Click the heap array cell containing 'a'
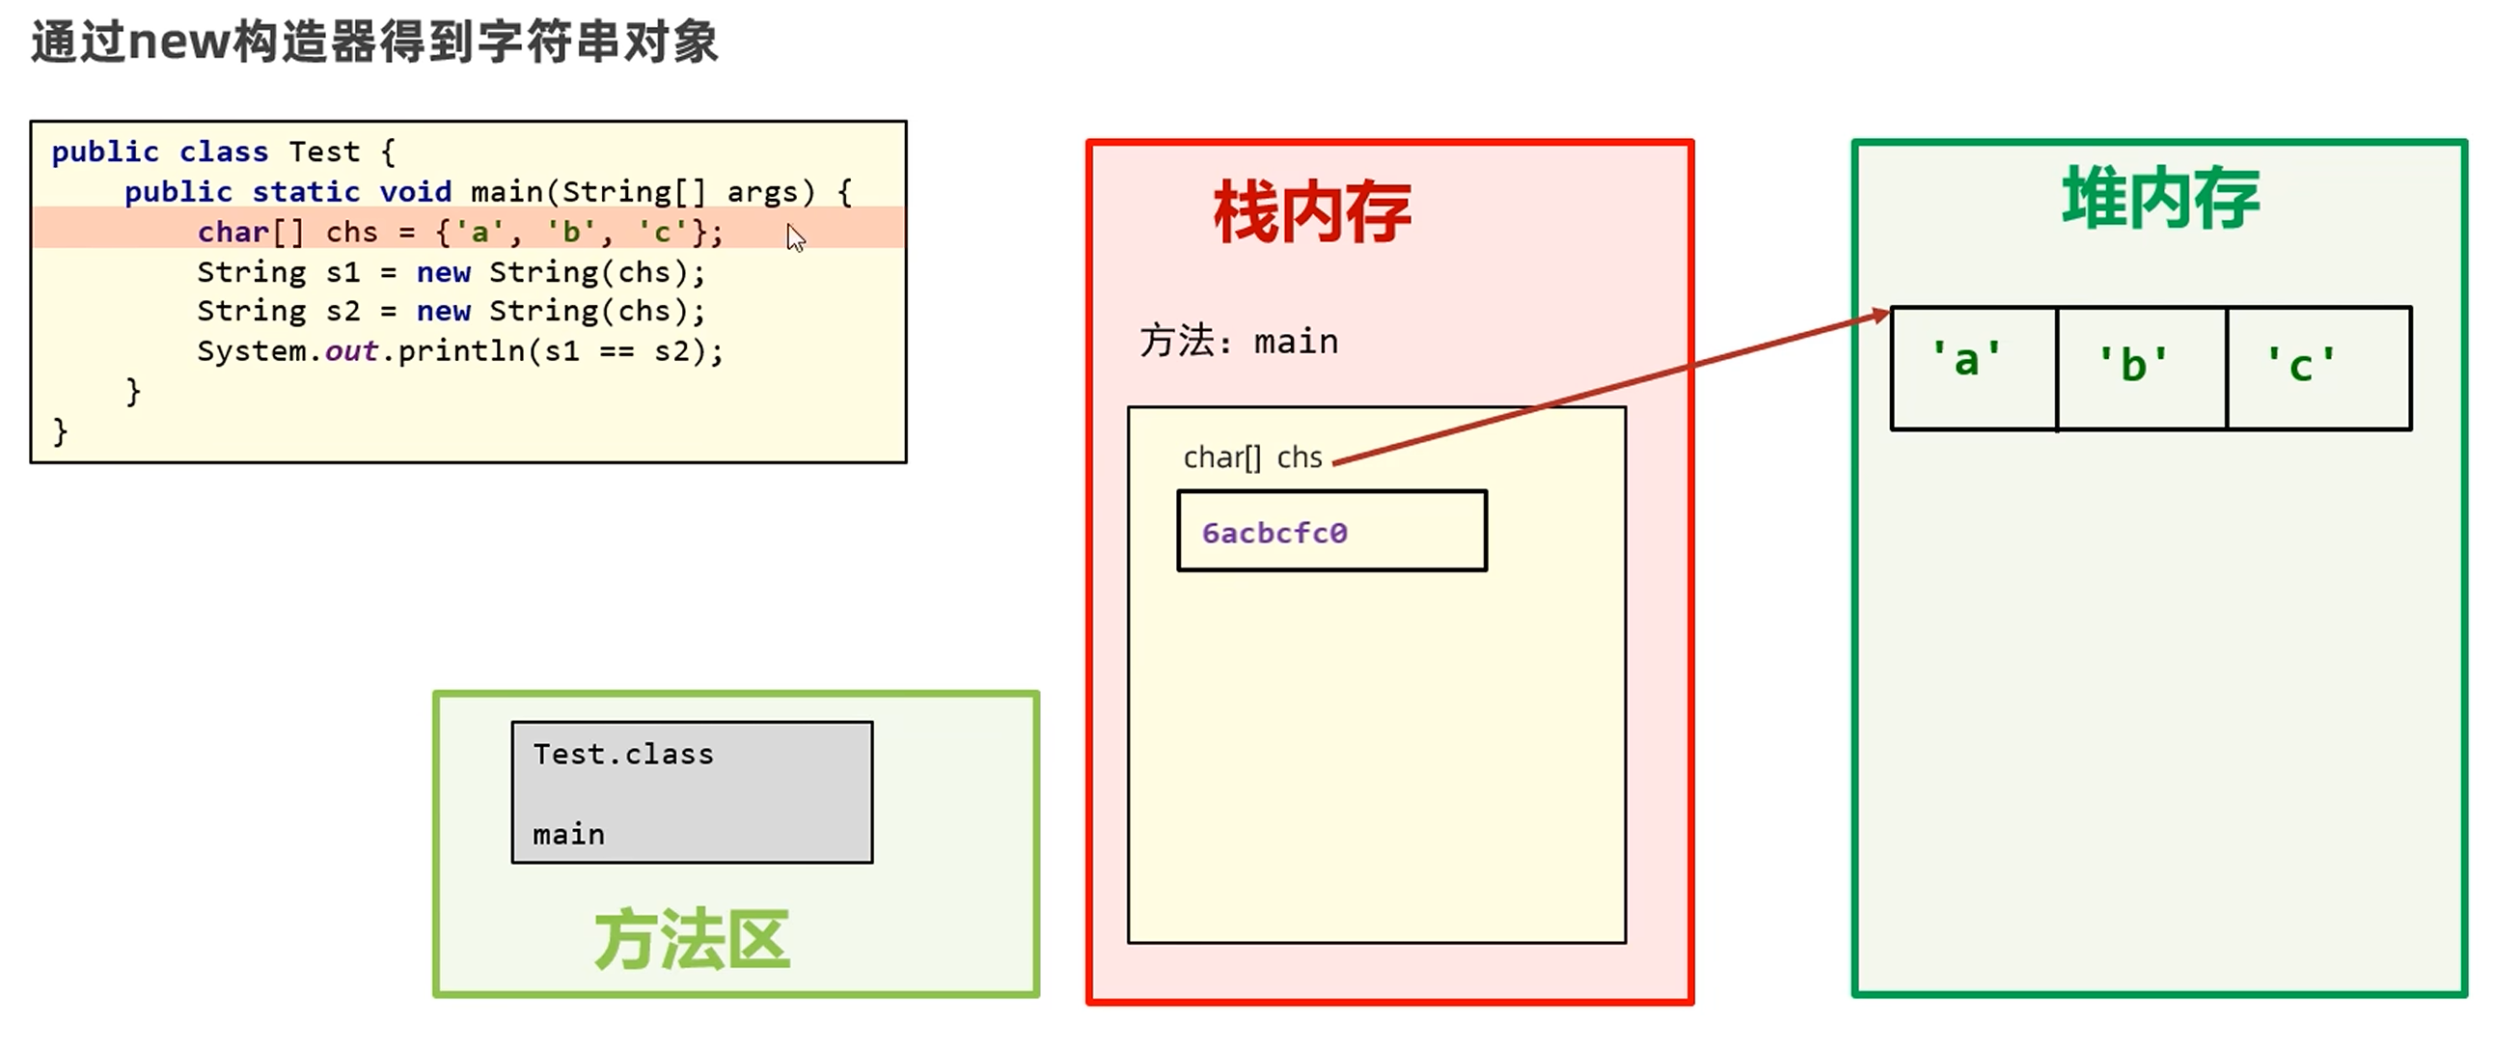1973,368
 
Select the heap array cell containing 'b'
2141,368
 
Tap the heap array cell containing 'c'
2317,368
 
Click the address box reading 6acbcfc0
1330,533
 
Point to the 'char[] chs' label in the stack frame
1252,456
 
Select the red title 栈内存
1311,213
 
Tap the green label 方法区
692,940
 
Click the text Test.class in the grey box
623,754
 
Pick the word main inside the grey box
568,834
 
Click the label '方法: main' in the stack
1239,342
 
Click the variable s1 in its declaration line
342,272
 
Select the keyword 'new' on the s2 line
443,312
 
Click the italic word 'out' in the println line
350,351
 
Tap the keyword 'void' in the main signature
415,192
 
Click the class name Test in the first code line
324,152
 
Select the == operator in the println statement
616,351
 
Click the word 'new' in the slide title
180,42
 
